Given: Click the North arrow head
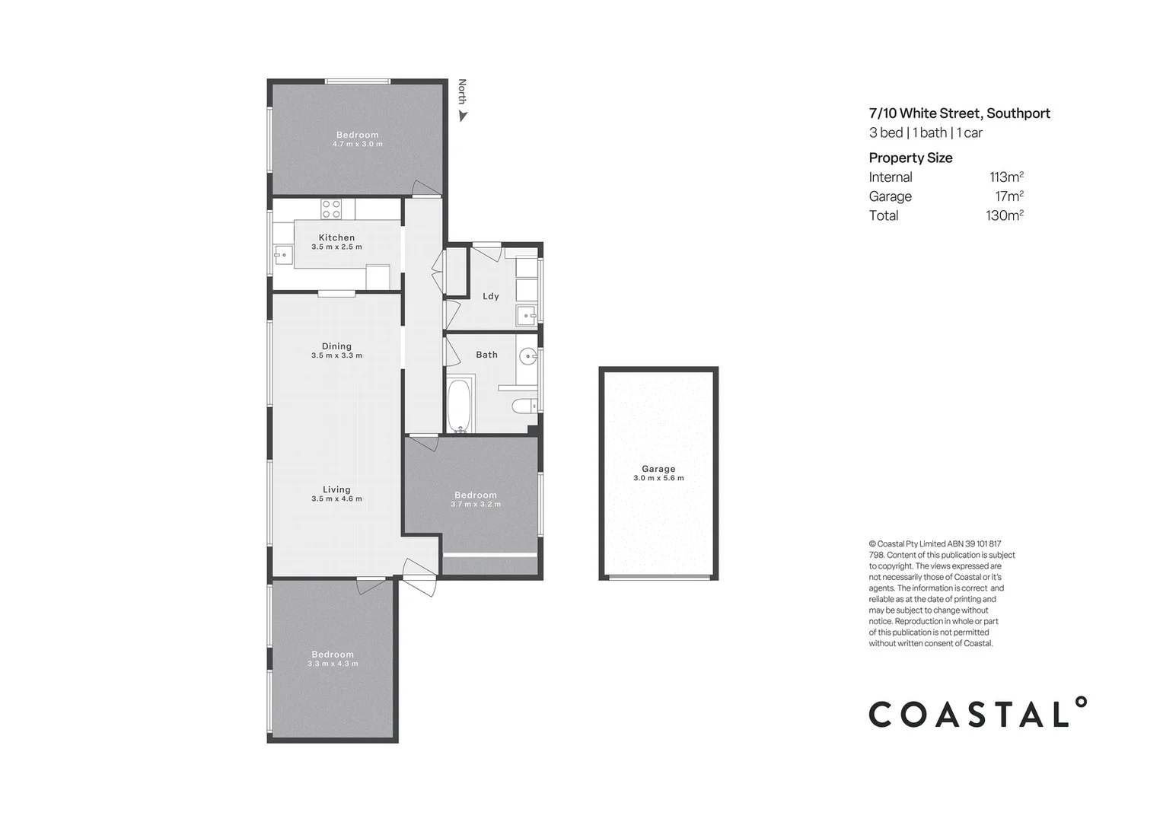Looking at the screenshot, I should (x=463, y=116).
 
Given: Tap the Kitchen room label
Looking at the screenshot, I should (x=336, y=237).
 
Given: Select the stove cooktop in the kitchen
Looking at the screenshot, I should (x=331, y=209).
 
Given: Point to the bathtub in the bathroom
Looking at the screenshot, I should (x=459, y=405).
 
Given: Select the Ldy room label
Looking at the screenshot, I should (x=491, y=296).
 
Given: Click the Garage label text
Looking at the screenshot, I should (x=658, y=469).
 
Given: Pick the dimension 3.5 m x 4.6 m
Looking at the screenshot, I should (x=336, y=499).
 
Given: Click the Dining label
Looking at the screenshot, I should (x=336, y=346).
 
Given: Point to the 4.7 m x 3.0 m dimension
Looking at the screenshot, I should (x=357, y=144).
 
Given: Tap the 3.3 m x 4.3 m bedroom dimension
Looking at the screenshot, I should (x=333, y=664).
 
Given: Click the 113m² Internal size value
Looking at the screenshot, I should (x=1006, y=177).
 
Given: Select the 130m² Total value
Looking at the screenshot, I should (x=1004, y=215).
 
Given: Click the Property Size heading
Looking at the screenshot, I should (x=910, y=158).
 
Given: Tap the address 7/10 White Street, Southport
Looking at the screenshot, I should (x=959, y=113).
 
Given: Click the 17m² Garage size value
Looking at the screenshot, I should (x=1008, y=196).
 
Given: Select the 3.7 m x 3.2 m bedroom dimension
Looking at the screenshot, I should (x=476, y=505).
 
